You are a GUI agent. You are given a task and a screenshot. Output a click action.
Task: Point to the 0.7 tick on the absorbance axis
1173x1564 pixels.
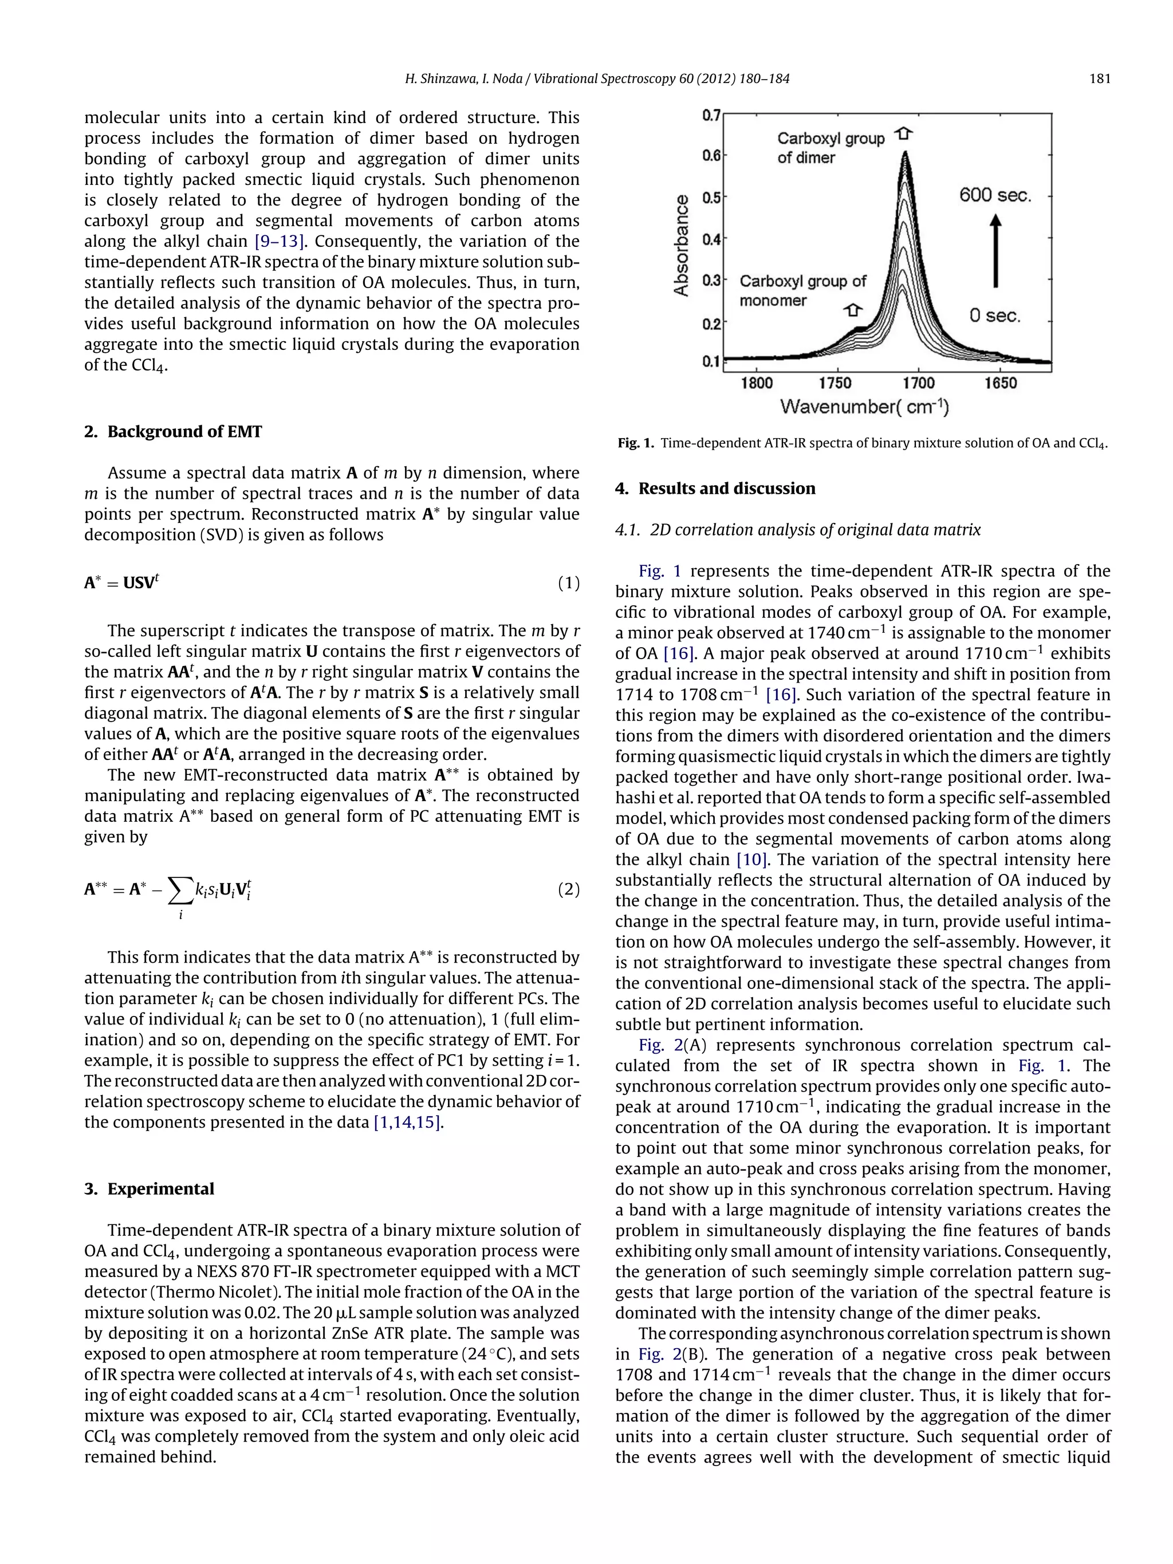tap(711, 115)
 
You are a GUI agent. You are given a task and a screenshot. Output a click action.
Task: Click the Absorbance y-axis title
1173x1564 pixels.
tap(681, 245)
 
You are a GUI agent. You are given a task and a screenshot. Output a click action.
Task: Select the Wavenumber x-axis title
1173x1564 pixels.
tap(864, 407)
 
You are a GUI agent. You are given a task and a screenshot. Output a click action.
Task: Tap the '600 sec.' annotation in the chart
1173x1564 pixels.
tap(995, 195)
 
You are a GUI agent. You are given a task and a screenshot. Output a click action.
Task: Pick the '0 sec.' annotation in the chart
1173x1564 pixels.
tap(995, 316)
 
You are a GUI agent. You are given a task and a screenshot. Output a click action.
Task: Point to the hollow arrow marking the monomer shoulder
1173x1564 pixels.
tap(853, 310)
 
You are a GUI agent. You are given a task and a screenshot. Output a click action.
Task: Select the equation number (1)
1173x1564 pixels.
tap(569, 584)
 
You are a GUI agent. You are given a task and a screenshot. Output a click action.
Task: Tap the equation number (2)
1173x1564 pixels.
tap(569, 889)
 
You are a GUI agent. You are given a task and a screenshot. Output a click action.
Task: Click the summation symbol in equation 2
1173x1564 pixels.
tap(180, 892)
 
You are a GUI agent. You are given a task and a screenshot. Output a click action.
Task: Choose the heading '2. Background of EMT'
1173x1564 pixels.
tap(172, 432)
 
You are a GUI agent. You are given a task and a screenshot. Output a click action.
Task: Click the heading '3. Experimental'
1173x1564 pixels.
tap(148, 1188)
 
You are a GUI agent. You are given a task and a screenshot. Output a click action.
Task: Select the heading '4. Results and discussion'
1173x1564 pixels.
tap(714, 488)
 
